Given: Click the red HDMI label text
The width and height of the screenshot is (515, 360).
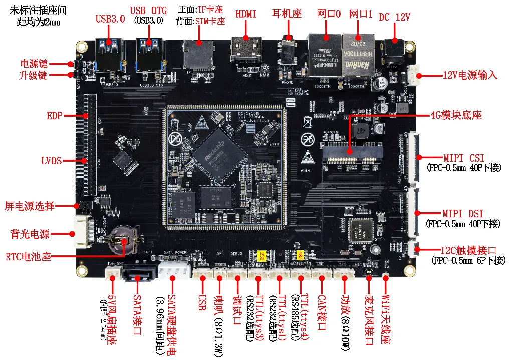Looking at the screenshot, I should point(245,14).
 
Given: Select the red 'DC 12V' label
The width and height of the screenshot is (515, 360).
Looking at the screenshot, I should point(394,17).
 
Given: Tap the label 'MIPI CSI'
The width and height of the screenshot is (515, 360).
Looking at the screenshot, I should point(463,158).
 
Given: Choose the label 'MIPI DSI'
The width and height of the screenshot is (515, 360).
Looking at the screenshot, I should point(463,214).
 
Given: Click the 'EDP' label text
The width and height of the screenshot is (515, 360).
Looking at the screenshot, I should point(54,116).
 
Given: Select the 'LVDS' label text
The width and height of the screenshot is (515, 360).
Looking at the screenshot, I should point(51,161).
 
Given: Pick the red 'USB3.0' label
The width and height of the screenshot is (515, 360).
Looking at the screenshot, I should point(110,19).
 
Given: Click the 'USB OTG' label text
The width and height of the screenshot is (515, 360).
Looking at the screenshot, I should point(148,11).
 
